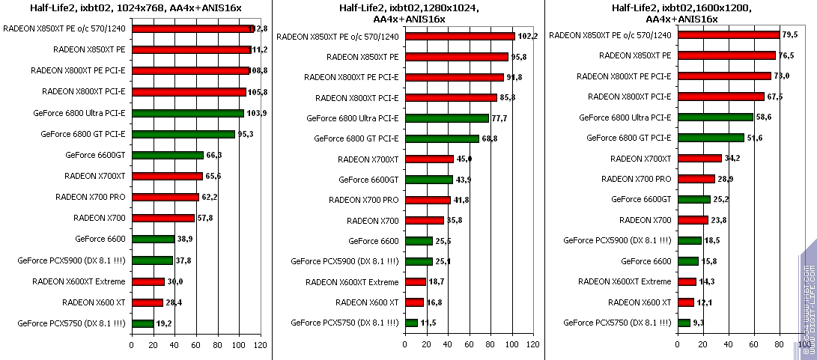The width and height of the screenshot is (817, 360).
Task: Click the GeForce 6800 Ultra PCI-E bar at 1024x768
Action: (187, 113)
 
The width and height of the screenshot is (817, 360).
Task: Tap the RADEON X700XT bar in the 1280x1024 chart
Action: (429, 159)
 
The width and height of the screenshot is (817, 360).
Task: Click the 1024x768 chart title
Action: (136, 7)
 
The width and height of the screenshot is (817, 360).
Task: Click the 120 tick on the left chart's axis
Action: (260, 345)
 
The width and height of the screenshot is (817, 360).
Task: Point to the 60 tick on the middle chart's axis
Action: (469, 345)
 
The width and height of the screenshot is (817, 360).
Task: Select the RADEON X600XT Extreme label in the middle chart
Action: (352, 281)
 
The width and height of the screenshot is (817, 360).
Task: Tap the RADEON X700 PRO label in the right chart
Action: (637, 179)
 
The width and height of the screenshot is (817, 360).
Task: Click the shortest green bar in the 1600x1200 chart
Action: (683, 323)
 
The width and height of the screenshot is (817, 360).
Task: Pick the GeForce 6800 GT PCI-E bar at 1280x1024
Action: (442, 138)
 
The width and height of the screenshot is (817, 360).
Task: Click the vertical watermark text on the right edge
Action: (807, 299)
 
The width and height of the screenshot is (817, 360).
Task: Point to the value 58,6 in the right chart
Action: (766, 118)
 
